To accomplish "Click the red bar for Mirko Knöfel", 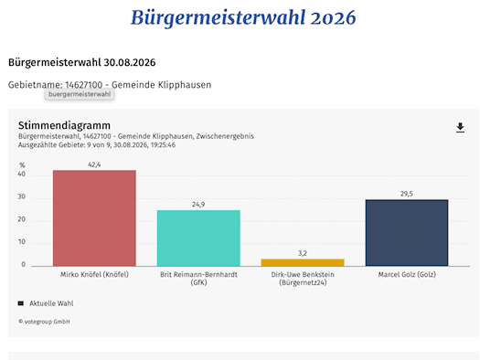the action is [94, 218].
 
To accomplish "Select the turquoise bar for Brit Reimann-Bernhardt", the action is [198, 238].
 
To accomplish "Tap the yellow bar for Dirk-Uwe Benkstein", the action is [303, 262].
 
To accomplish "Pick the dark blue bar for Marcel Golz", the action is [407, 233].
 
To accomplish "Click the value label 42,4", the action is [94, 164].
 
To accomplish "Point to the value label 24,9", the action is [198, 205].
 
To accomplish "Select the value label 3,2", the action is [303, 253].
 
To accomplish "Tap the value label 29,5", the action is [407, 194].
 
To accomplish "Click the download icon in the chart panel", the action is [460, 128].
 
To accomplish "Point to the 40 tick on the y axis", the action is [21, 174].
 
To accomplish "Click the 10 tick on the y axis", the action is [21, 242].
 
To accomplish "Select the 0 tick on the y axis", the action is [23, 265].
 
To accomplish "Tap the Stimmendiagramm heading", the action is [64, 125].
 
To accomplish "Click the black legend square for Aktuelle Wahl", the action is [21, 303].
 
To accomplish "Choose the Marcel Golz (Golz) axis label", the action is [407, 274].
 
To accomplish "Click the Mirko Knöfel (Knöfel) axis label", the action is [94, 274].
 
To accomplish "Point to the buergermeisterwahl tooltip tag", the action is [80, 94].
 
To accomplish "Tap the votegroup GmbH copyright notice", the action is [44, 322].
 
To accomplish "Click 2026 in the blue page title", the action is [333, 17].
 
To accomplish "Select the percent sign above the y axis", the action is [22, 165].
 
